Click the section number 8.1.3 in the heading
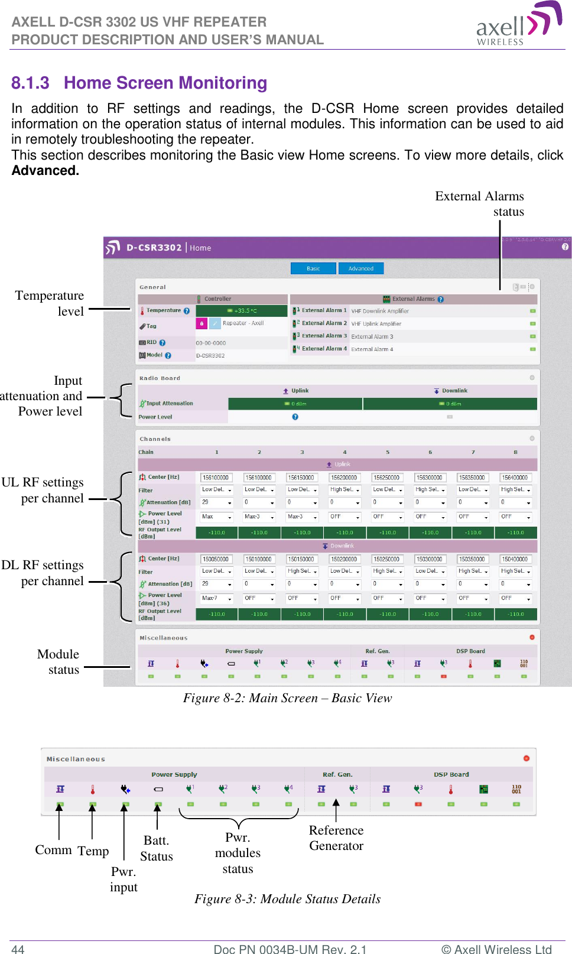(x=30, y=83)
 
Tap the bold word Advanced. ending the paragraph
(x=45, y=171)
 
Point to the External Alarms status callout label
(x=479, y=204)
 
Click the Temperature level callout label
(x=50, y=303)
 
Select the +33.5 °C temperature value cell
(x=242, y=311)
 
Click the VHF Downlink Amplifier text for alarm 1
(x=380, y=311)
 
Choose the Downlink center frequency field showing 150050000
(x=216, y=559)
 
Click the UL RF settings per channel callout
(x=43, y=490)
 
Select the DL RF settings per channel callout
(x=43, y=573)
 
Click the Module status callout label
(x=58, y=662)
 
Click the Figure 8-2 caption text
(x=287, y=698)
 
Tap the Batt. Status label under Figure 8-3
(x=157, y=848)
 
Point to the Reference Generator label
(x=336, y=838)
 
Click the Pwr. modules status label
(x=238, y=853)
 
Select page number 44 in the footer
(x=18, y=949)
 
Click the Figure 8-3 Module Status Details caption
(x=287, y=899)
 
